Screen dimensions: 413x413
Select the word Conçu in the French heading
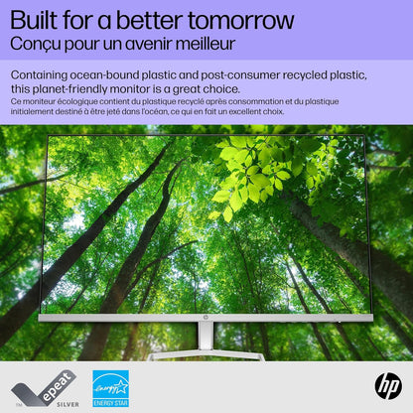click(x=33, y=45)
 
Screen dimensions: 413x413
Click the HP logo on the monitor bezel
click(x=206, y=318)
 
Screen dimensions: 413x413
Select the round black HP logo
click(x=387, y=386)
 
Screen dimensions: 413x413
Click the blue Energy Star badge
click(x=110, y=388)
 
